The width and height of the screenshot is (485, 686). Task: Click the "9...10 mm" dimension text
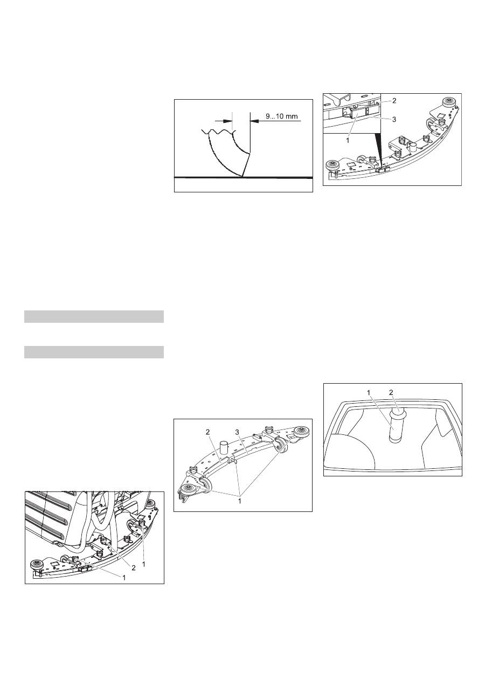(282, 116)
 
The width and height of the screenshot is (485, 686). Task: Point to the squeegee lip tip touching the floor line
(243, 177)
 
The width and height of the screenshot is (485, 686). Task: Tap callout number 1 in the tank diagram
(369, 392)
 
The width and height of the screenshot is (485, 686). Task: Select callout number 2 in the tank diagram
(391, 392)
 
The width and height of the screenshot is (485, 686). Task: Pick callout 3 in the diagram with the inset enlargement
(394, 120)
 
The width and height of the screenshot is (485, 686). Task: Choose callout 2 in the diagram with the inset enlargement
(394, 100)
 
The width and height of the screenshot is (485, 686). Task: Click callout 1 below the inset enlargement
(348, 141)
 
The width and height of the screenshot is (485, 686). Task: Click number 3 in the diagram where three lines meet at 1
(237, 432)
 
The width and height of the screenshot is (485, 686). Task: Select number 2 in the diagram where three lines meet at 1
(208, 432)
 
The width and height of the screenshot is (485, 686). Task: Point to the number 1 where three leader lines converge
(240, 501)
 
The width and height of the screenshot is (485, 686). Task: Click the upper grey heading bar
(94, 316)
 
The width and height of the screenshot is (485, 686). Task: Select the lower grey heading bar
(94, 352)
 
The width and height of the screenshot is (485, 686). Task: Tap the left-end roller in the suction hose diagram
(36, 564)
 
